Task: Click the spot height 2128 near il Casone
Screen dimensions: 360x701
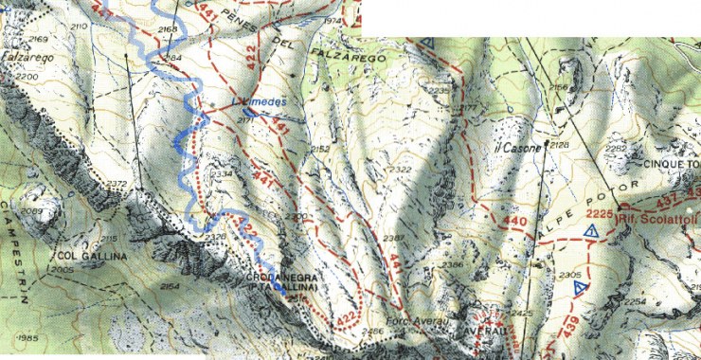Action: pos(559,145)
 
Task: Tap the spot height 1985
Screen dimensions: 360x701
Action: pos(26,338)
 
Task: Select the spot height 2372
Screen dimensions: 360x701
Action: pos(117,184)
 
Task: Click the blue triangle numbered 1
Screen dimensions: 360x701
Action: pos(590,230)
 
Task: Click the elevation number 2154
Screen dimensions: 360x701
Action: pos(171,286)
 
